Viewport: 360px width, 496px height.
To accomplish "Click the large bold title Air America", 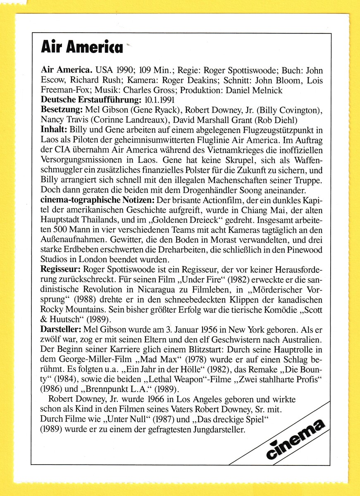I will [x=82, y=48].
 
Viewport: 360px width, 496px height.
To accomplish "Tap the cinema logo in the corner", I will [x=295, y=439].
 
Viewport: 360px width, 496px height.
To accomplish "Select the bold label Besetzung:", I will [x=62, y=110].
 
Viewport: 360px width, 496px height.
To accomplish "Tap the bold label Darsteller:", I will [x=61, y=329].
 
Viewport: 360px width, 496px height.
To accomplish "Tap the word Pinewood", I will [x=306, y=249].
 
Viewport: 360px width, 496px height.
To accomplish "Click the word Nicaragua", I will [x=171, y=289].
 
